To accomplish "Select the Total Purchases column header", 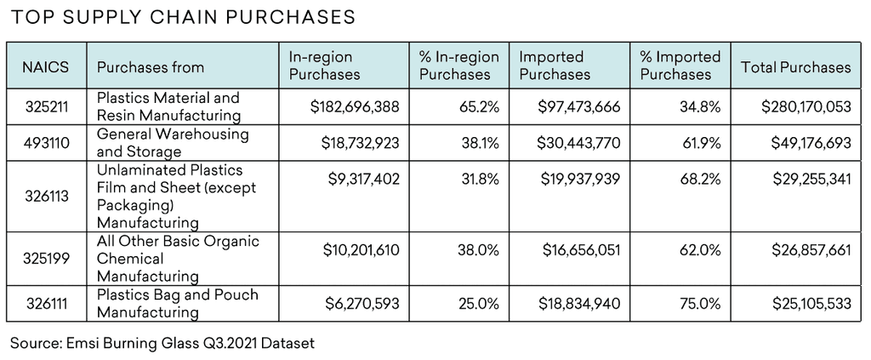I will [795, 66].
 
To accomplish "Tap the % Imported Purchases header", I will [680, 66].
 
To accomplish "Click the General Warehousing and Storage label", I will [173, 143].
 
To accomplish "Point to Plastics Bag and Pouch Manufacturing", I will [177, 303].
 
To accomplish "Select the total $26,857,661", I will [804, 249].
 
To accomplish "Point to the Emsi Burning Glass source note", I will [162, 344].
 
